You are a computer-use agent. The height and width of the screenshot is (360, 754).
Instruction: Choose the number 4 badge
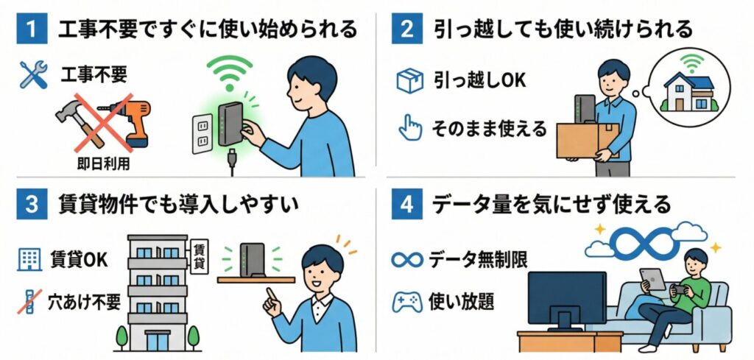(406, 204)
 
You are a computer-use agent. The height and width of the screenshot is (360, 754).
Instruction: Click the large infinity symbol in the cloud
(645, 241)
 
